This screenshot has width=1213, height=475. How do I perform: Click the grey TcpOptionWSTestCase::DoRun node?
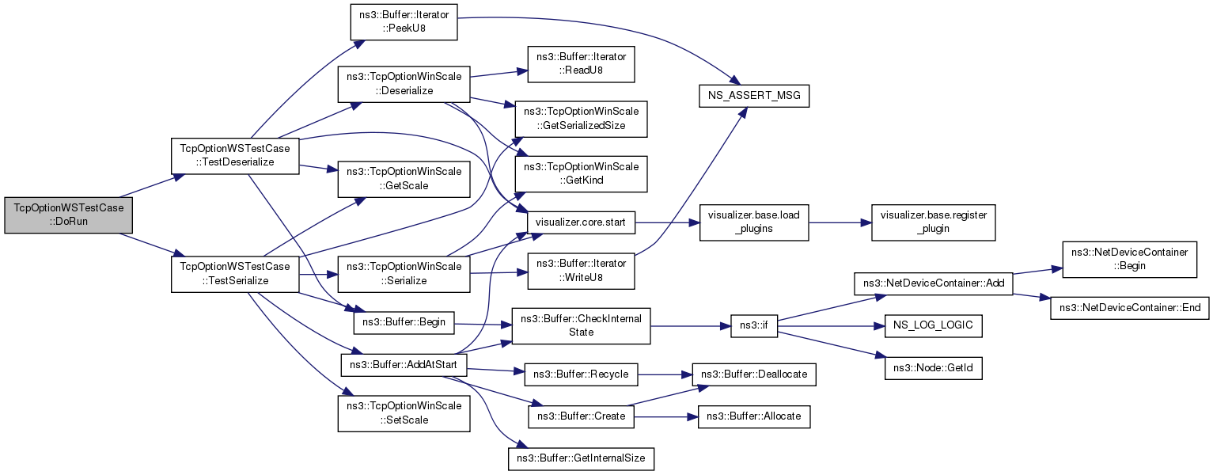(68, 215)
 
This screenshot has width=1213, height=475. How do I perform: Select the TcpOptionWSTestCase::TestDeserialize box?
(234, 155)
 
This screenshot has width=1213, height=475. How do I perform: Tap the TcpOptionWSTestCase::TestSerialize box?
(234, 274)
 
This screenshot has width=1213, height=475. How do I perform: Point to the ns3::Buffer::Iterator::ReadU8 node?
(581, 64)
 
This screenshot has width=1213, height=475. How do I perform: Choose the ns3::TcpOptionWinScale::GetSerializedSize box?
(581, 119)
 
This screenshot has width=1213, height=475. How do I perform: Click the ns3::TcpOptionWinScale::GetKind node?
(581, 174)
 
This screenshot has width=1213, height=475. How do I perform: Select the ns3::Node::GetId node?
(933, 368)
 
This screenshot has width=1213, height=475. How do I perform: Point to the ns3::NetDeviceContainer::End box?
(1129, 307)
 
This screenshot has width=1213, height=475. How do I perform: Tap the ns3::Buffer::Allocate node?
(753, 416)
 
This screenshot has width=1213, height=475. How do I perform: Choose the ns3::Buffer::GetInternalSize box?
(581, 458)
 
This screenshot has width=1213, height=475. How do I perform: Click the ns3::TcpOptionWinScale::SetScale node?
(404, 413)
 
